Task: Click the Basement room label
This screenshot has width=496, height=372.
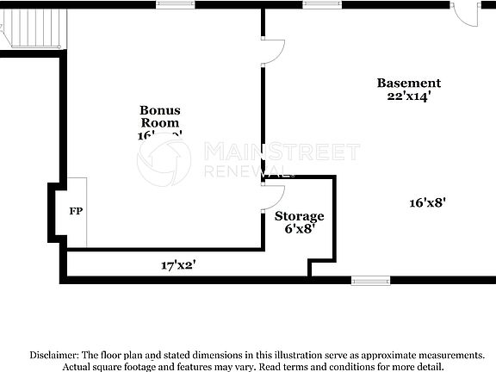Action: click(x=409, y=84)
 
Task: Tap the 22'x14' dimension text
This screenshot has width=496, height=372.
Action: click(x=409, y=96)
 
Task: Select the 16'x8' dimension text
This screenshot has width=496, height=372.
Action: click(x=428, y=203)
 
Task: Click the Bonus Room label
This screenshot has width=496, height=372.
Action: click(x=160, y=116)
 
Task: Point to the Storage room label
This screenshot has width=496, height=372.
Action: click(x=300, y=216)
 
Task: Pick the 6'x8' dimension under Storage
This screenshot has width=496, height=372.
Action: click(x=300, y=229)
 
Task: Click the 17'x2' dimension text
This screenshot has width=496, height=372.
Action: click(x=179, y=265)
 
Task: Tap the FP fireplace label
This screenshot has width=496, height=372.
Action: click(x=75, y=210)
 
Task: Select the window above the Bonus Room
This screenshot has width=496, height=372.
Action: click(x=174, y=5)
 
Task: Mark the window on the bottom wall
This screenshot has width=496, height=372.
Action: click(x=370, y=280)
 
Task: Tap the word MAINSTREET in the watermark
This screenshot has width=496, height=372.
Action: click(x=282, y=152)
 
